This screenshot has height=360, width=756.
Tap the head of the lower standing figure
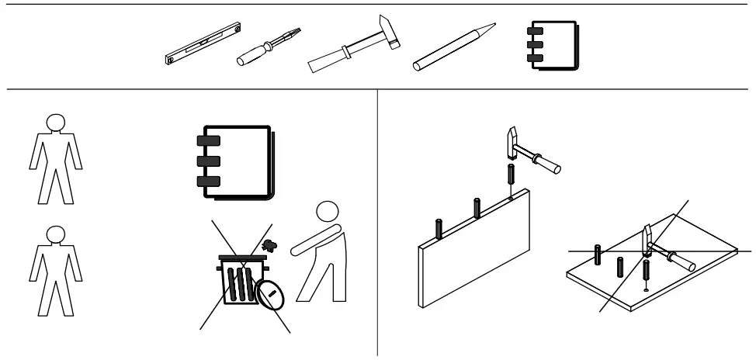coord(54,234)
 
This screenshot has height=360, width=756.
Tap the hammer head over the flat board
coord(647,241)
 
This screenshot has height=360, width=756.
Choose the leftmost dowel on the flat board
coord(597,254)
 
